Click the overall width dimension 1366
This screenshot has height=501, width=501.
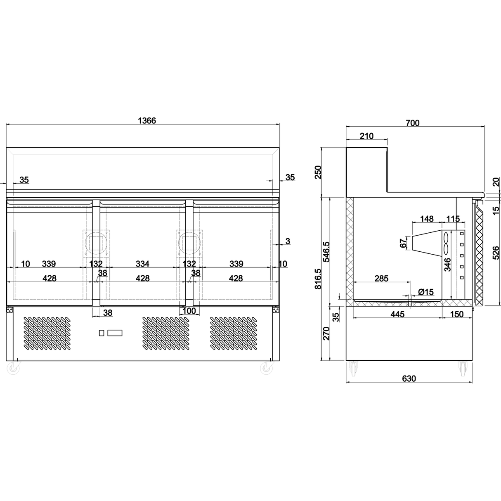147,121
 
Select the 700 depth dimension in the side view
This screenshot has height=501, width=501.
412,123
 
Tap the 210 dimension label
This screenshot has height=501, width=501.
366,136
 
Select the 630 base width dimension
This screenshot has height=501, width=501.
409,378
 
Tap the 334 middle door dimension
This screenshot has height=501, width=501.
142,264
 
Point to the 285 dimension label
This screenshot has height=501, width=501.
381,279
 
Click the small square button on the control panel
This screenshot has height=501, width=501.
101,333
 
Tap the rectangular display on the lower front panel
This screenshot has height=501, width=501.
115,333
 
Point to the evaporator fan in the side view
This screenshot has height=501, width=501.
446,243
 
